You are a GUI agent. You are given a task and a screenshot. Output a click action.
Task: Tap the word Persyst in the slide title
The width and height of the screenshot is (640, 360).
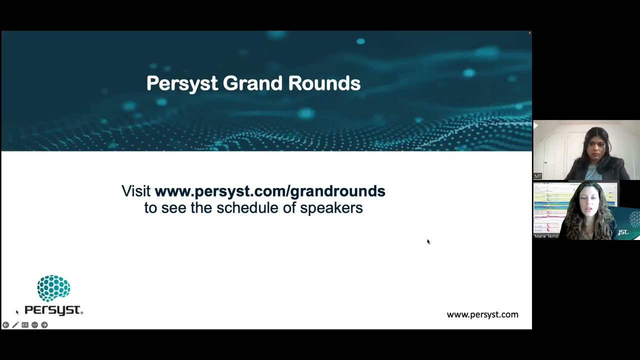[182, 83]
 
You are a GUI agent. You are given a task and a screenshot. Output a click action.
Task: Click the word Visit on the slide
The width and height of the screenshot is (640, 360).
[136, 191]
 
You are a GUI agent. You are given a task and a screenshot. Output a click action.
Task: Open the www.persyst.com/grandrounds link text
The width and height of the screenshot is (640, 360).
[270, 191]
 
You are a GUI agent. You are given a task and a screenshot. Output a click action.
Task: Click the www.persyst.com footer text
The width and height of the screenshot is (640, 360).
[482, 314]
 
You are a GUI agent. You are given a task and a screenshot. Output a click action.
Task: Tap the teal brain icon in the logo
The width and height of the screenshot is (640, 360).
[53, 288]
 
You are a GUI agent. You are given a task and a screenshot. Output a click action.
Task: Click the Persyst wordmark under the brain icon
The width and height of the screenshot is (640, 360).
[53, 310]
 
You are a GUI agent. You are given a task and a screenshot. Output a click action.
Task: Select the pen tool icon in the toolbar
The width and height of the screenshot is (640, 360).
[15, 325]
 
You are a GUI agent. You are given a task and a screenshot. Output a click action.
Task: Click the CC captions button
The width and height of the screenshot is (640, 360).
[25, 325]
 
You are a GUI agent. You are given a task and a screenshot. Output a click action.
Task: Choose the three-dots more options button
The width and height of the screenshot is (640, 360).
[34, 325]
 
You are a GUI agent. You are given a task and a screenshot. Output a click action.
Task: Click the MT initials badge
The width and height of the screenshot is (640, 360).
[537, 176]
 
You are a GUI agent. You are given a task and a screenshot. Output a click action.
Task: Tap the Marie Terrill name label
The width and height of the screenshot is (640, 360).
[546, 236]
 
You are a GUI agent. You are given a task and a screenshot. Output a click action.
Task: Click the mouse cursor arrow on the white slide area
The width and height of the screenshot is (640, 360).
[428, 241]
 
